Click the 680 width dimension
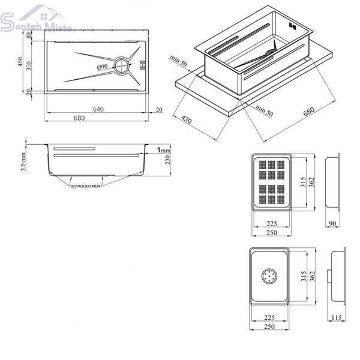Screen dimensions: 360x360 click(79, 118)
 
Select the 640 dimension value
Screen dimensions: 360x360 click(98, 109)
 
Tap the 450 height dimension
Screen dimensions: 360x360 click(20, 62)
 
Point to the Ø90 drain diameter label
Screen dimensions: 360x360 click(102, 67)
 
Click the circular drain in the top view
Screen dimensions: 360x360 click(121, 66)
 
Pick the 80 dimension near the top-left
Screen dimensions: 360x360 click(28, 35)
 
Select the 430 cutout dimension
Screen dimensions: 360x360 click(186, 119)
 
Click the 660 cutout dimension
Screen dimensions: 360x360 click(309, 112)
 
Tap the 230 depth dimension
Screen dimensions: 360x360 click(167, 160)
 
